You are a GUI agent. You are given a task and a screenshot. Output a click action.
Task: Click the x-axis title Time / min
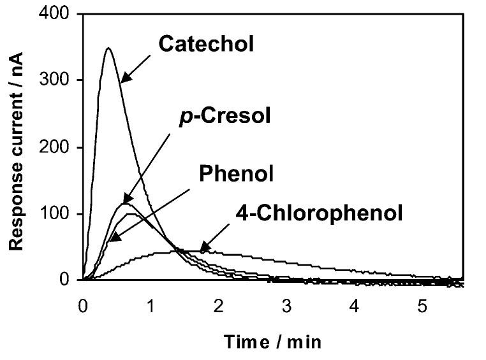272,342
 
